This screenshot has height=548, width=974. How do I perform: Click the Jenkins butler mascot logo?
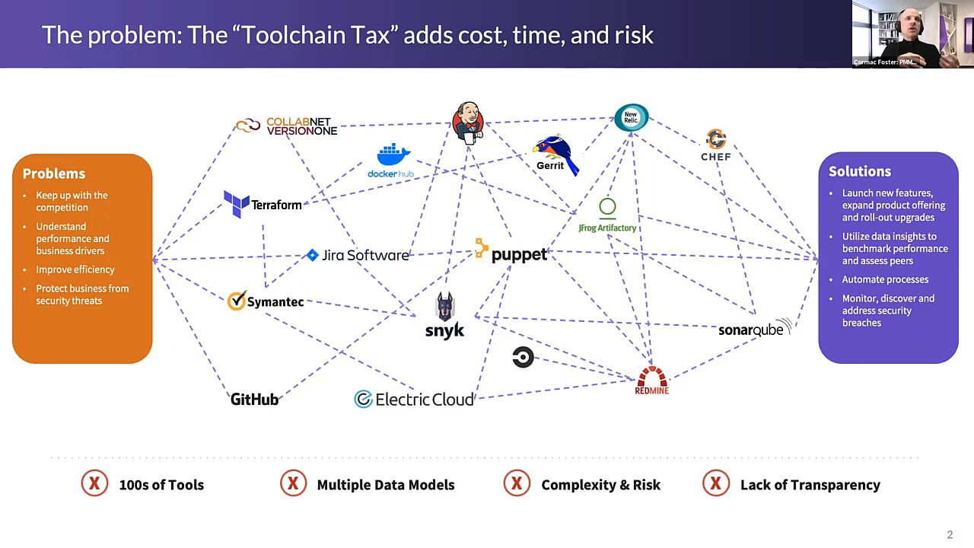coord(467,122)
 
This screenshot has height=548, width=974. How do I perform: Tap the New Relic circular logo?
coord(631,118)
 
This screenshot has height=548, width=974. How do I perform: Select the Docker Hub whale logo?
coord(393,155)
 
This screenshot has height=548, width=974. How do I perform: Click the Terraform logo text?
coord(276,205)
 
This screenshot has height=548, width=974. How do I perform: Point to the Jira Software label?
coord(364,255)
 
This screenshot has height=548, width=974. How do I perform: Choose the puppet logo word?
coord(519,254)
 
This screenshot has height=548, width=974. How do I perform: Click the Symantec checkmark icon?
coord(237,301)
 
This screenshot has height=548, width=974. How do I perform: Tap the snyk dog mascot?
coord(445,307)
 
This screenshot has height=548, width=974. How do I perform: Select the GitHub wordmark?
coord(254,400)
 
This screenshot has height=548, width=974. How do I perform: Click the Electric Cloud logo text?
coord(424,400)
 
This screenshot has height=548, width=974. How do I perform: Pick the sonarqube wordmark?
coord(751,330)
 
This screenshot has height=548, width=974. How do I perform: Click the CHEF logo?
coord(715,145)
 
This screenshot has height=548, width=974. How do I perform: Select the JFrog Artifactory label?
coord(607,228)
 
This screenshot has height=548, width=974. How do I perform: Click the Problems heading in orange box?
coord(54,174)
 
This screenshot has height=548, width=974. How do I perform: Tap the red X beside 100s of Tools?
coord(95,484)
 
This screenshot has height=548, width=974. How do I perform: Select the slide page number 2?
coord(950,534)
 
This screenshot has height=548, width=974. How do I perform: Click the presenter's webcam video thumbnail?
coord(912,34)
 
